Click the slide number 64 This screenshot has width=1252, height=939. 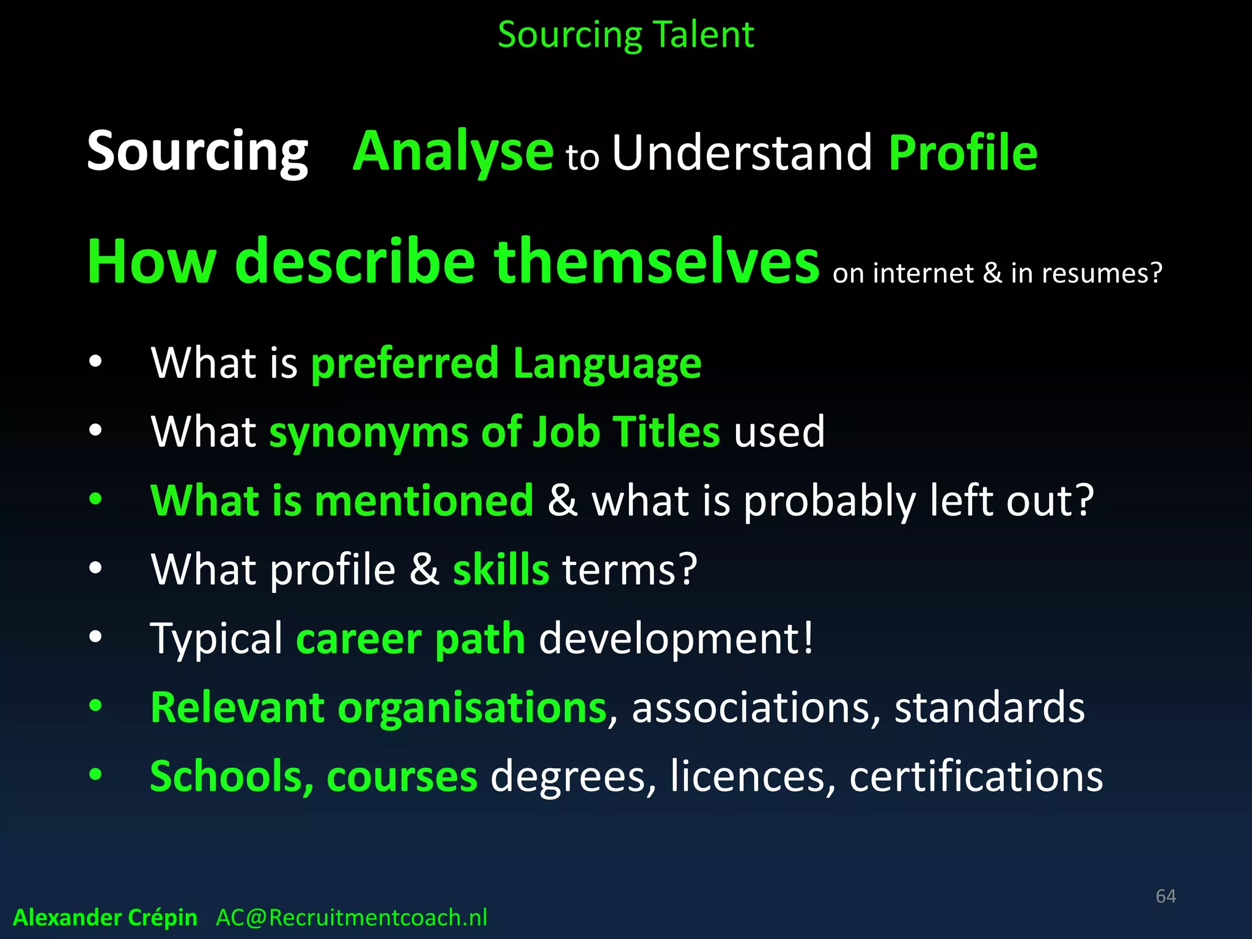[x=1165, y=896]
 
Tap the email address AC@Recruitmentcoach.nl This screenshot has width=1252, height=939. [x=352, y=918]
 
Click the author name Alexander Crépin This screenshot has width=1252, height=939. [x=105, y=918]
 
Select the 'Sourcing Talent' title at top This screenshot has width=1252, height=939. [x=625, y=34]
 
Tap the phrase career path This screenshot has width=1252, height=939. [x=410, y=639]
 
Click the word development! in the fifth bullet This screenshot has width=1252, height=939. [x=676, y=638]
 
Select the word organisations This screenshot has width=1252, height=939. [x=471, y=707]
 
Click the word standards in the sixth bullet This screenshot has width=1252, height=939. [x=989, y=707]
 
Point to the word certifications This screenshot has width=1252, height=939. [x=976, y=776]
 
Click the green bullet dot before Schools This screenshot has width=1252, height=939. [x=95, y=775]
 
